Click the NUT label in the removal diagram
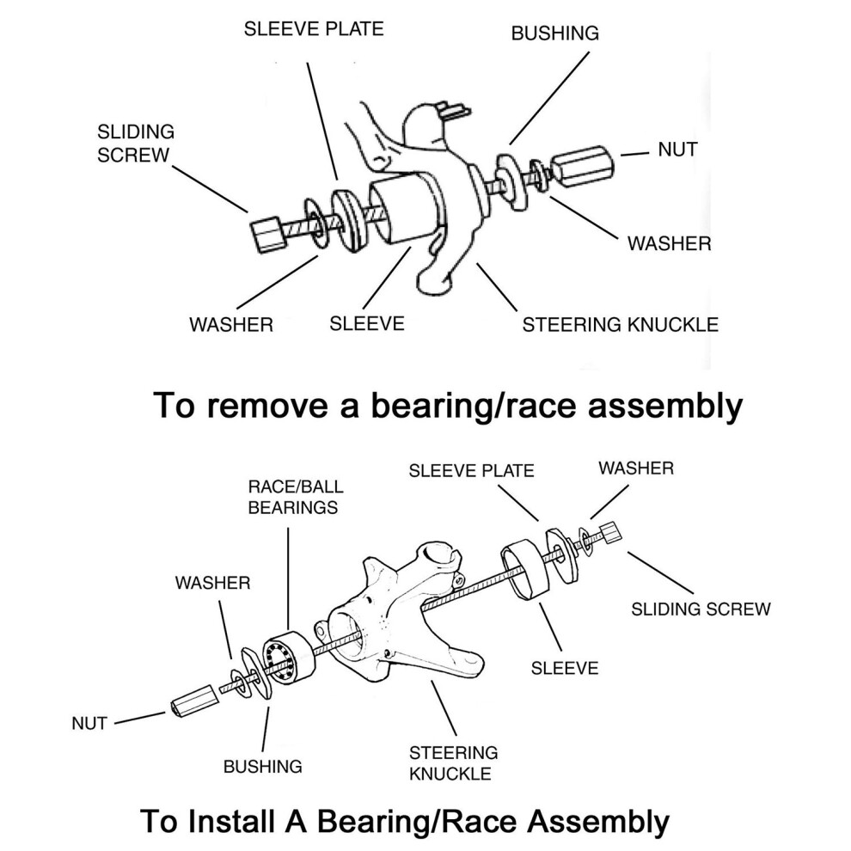click(677, 150)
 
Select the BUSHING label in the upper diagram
click(554, 34)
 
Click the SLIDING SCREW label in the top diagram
click(136, 144)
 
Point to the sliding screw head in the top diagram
click(268, 234)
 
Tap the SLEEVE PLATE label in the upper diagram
click(314, 28)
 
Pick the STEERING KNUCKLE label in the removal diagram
click(621, 325)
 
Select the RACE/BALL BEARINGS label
click(296, 497)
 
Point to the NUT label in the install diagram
click(89, 723)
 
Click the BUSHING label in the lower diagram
click(263, 767)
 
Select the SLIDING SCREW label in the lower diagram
click(701, 609)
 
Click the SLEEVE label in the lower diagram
click(565, 668)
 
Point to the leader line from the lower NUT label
click(139, 718)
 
